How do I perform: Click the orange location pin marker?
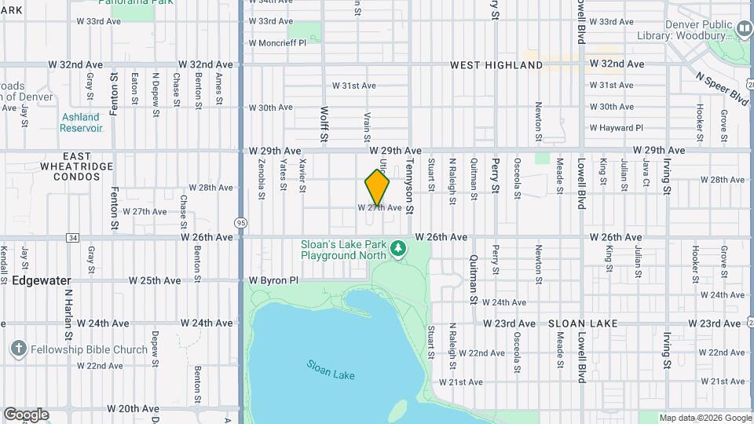pos(377,188)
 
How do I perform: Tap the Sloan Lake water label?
pos(331,369)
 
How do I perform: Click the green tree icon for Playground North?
pos(399,249)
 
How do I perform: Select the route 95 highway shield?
pos(240,221)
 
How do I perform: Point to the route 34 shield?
pos(73,237)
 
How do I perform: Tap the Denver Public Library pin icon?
pos(743,29)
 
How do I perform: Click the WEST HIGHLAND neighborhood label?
pos(496,65)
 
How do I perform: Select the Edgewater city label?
pos(41,280)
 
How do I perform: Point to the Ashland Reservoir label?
pos(81,122)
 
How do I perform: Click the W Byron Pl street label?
pos(274,280)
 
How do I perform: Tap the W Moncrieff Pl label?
pos(277,42)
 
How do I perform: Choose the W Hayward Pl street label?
pos(616,127)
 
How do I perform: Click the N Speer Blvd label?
pos(722,88)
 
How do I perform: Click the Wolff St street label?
pos(324,122)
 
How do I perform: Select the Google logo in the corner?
pos(26,415)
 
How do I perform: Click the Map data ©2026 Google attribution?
pos(705,418)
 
